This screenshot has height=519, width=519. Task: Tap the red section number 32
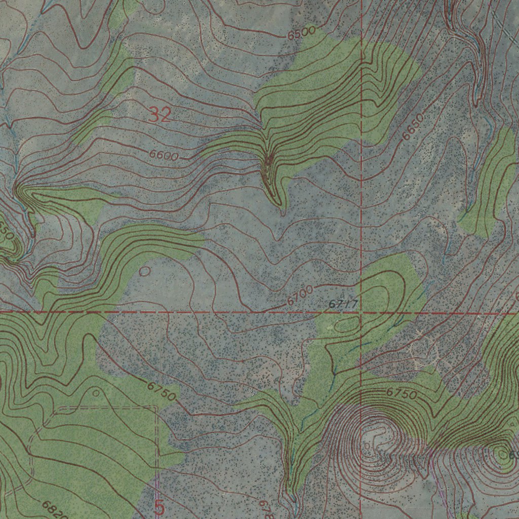(x=160, y=116)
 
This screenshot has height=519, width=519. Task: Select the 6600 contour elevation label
(x=164, y=156)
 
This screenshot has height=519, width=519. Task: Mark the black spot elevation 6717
(x=343, y=304)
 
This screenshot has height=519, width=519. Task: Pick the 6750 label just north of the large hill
(x=402, y=393)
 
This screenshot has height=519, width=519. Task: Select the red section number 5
(x=160, y=507)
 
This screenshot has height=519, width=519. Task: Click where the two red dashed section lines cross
(x=360, y=313)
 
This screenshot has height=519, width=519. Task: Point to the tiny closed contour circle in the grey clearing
(x=144, y=271)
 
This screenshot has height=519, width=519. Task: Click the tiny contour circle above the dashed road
(x=96, y=393)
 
